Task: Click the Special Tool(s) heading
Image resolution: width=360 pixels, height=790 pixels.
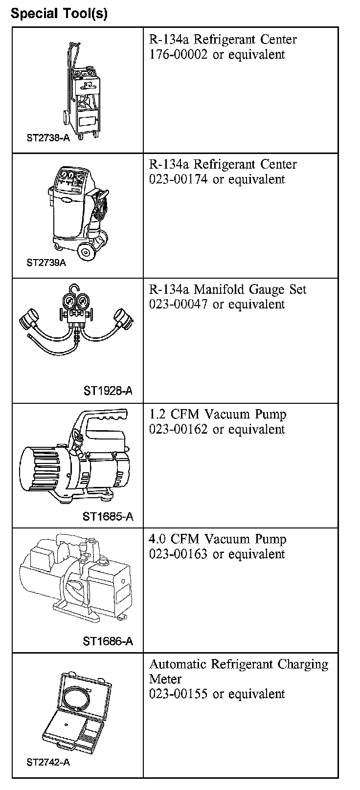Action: [59, 13]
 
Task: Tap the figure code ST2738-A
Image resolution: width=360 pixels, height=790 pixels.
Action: [48, 138]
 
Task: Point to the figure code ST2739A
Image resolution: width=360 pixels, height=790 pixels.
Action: [46, 263]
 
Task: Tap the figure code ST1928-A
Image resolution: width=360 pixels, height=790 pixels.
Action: [108, 391]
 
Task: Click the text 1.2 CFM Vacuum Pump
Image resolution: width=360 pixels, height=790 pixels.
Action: [218, 415]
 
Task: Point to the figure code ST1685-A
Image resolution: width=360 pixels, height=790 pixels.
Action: [108, 516]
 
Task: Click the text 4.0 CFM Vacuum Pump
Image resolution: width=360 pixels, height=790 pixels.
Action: [218, 539]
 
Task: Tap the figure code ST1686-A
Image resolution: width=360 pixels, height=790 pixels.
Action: [108, 641]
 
